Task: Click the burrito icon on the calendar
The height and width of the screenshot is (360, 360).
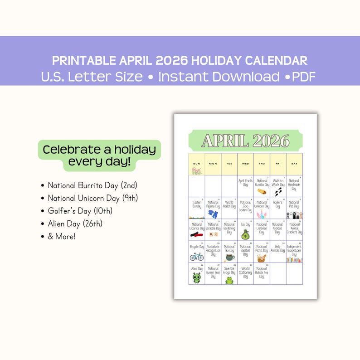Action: coord(262,191)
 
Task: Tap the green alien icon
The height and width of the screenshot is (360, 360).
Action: coord(196,277)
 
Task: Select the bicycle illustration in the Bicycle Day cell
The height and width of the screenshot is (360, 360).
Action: coord(196,257)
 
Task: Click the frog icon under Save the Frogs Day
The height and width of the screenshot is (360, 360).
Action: coord(229,280)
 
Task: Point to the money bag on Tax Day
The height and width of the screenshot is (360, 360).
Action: coord(245,234)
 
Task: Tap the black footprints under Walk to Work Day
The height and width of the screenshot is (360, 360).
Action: coord(277,192)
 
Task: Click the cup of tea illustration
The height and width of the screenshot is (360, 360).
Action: coord(229,257)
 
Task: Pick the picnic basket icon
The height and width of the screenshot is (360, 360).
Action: coord(262,258)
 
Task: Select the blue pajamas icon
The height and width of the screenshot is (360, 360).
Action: coord(213,214)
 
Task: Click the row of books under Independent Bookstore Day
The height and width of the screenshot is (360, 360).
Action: coord(294,259)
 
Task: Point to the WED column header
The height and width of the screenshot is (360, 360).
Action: coord(245,163)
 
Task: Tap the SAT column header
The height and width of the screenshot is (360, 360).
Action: coord(294,163)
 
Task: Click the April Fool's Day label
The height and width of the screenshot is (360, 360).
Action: coord(245,183)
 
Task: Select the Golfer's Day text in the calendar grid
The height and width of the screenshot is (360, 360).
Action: coord(277,204)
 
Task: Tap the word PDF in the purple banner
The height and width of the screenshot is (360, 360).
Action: coord(304,77)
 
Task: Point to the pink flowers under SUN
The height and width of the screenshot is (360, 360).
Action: coord(196,171)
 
